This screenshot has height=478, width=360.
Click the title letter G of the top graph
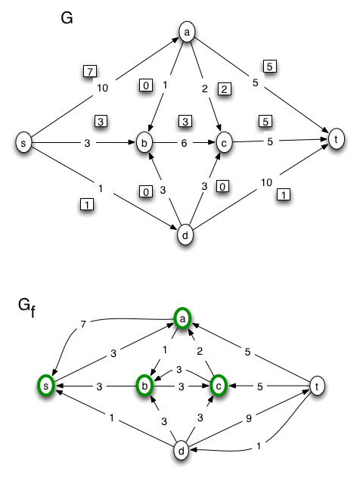(67, 17)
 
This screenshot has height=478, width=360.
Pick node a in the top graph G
(186, 32)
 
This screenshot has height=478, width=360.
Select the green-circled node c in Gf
(219, 385)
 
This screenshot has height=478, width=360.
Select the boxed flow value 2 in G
(223, 88)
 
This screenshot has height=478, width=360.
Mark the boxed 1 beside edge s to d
(86, 204)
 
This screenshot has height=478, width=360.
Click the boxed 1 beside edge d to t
(283, 195)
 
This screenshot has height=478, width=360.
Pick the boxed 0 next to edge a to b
(145, 85)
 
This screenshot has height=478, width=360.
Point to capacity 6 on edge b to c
(184, 142)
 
